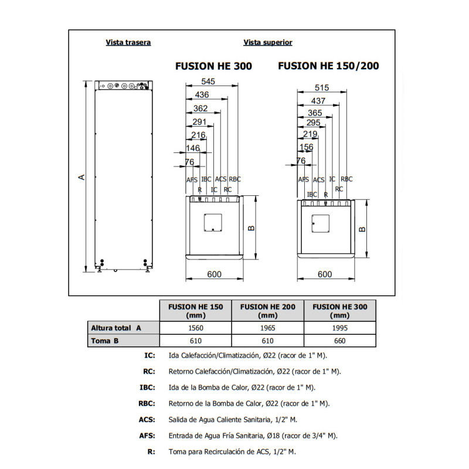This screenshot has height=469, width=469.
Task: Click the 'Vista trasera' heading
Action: (128, 42)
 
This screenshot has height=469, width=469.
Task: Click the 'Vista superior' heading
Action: (268, 42)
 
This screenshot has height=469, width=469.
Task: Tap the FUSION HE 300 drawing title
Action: (213, 66)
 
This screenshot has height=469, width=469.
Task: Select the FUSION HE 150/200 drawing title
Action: (328, 66)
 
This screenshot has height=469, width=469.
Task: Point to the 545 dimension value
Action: (208, 81)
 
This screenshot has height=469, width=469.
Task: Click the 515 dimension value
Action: (322, 87)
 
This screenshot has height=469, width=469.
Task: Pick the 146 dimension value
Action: (193, 148)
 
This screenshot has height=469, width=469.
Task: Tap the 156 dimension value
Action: (306, 147)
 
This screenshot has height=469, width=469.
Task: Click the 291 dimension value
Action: (199, 122)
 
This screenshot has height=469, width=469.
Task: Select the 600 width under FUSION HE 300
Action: (214, 274)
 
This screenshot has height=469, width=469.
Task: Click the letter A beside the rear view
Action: (81, 177)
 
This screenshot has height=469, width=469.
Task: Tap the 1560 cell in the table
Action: (196, 328)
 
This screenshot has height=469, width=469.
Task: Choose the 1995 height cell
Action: (340, 328)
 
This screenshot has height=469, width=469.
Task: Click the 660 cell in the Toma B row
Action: (340, 341)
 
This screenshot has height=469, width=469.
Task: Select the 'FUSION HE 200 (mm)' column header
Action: (268, 311)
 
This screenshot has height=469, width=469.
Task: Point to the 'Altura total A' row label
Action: (116, 328)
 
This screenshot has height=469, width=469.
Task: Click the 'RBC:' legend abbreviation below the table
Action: (147, 403)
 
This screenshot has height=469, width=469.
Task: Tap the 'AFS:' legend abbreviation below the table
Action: (147, 436)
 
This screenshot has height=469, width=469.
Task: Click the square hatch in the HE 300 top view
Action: (213, 223)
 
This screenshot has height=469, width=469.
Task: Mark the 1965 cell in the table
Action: (268, 328)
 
